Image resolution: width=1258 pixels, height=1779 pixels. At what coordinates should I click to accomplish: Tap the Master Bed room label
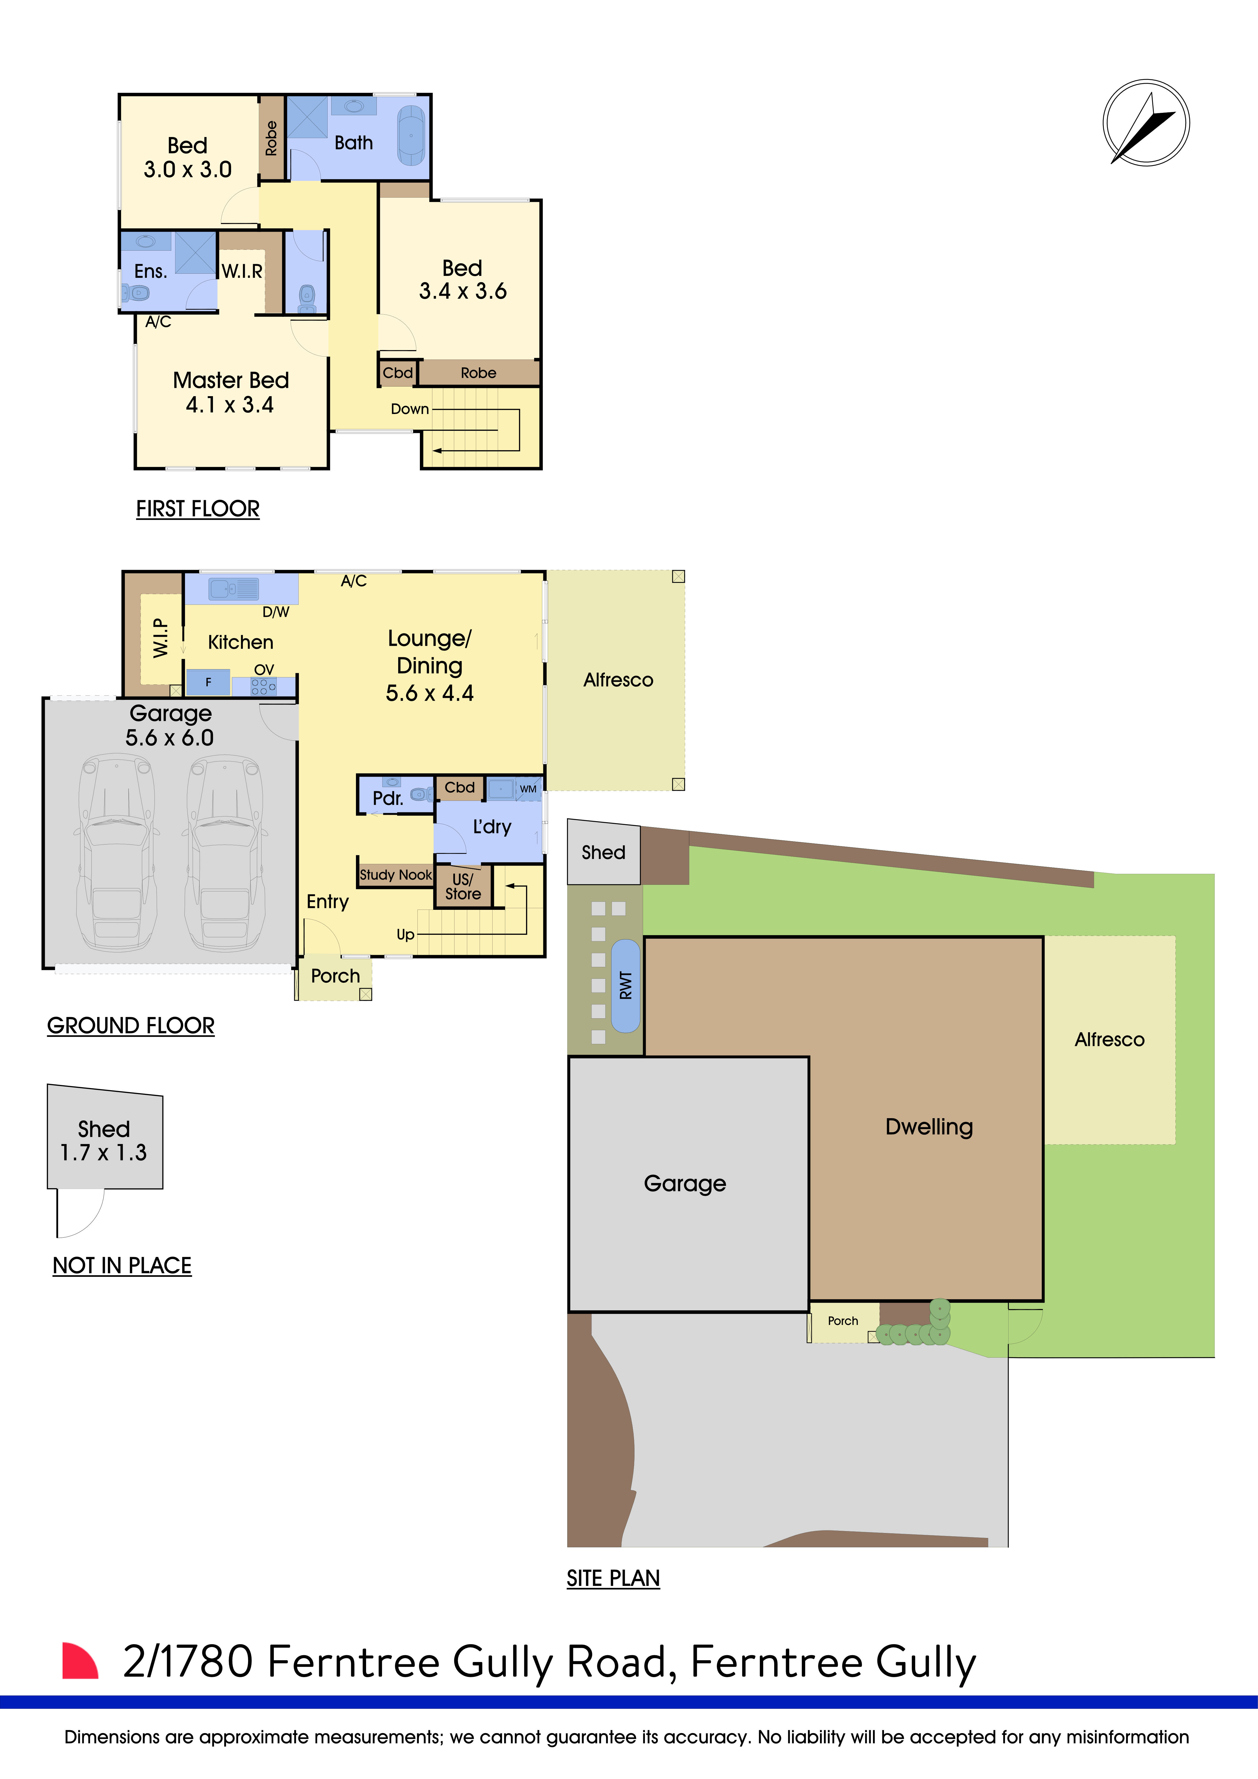pyautogui.click(x=231, y=381)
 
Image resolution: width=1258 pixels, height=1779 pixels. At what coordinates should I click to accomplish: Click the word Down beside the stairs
pyautogui.click(x=409, y=409)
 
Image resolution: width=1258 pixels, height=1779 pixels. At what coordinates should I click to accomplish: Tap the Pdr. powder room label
pyautogui.click(x=387, y=798)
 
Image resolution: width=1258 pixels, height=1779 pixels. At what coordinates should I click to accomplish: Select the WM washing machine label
pyautogui.click(x=528, y=789)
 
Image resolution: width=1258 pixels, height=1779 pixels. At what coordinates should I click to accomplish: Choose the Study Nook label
pyautogui.click(x=395, y=875)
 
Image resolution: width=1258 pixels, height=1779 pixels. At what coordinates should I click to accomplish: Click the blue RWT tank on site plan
pyautogui.click(x=626, y=986)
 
